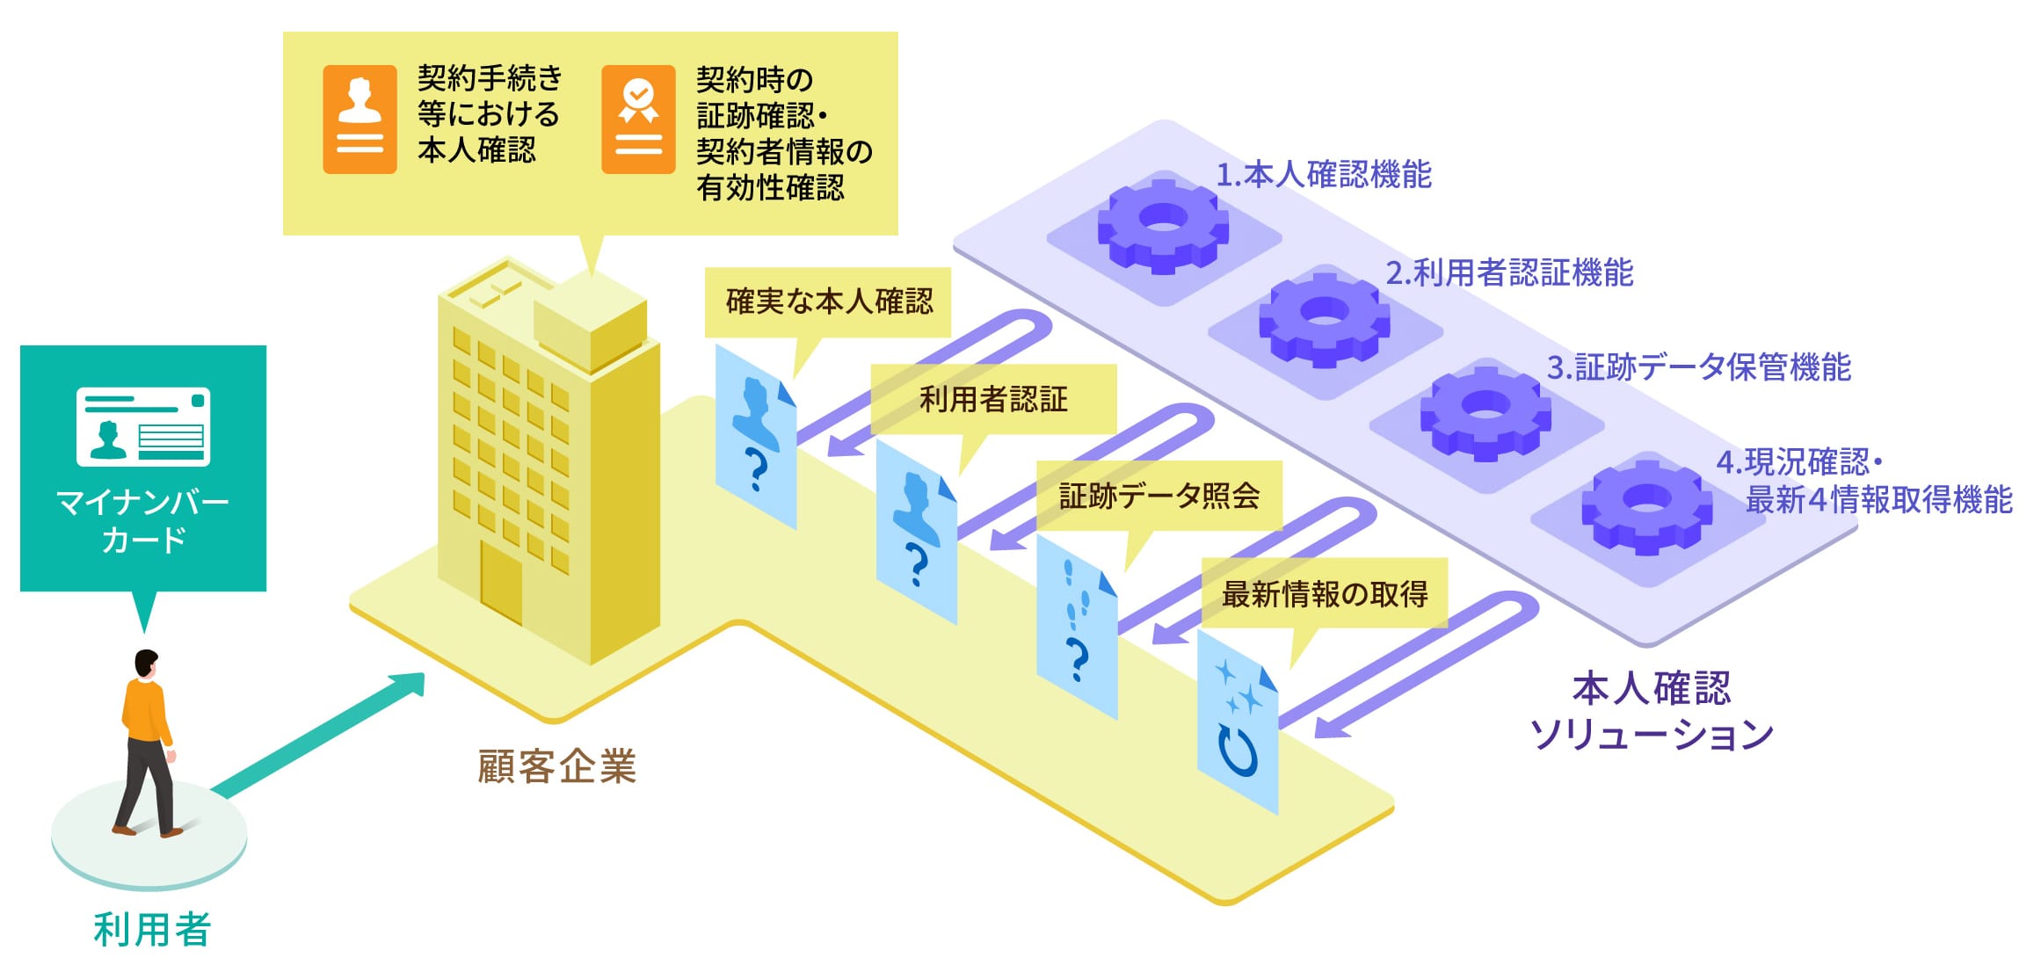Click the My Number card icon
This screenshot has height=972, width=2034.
tap(143, 426)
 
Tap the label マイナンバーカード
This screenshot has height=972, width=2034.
tap(143, 520)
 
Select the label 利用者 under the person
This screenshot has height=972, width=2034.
tap(152, 929)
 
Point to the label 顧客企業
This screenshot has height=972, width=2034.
tap(556, 766)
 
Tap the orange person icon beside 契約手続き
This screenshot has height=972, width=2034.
tap(360, 119)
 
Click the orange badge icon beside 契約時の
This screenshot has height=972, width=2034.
tap(638, 119)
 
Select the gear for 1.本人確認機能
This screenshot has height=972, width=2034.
tap(1162, 225)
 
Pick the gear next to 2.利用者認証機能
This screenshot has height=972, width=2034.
tap(1324, 319)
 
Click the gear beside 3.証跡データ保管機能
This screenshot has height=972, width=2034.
tap(1486, 413)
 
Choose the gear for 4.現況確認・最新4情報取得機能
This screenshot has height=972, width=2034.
tap(1646, 507)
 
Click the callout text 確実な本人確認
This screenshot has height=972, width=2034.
tap(829, 301)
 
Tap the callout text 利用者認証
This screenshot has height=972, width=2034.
tap(993, 399)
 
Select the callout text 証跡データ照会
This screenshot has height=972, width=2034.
tap(1159, 496)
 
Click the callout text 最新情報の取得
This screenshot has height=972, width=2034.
tap(1324, 593)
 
